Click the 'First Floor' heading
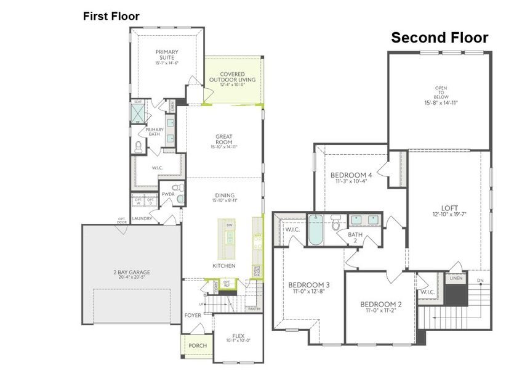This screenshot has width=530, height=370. pos(111,16)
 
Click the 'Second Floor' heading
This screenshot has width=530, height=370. pos(440,38)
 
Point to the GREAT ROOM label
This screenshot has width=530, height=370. pos(223,139)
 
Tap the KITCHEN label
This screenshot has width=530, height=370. pos(223,265)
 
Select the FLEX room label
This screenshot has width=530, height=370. pos(238,336)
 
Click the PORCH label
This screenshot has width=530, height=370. pos(197,346)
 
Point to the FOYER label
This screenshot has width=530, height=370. pos(193,315)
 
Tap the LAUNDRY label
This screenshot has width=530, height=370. pos(142,218)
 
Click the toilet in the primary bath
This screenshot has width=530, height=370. pos(139,146)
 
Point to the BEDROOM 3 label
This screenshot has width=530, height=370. pos(309,285)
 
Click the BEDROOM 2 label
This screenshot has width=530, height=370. pos(380,305)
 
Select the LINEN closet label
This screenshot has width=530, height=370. pos(456,279)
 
